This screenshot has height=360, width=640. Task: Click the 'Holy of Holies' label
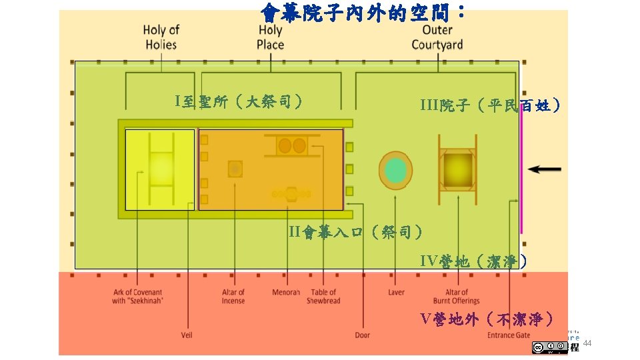[161, 37]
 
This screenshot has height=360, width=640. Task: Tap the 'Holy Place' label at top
[270, 37]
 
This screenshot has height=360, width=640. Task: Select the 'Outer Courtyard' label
[437, 37]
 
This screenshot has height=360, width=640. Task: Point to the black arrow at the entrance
[545, 169]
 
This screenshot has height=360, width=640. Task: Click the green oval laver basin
[396, 171]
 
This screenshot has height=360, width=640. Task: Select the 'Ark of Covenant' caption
[137, 297]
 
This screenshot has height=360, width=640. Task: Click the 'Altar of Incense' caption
[233, 297]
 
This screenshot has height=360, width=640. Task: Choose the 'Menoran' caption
[286, 293]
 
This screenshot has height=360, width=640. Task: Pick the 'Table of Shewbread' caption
[323, 297]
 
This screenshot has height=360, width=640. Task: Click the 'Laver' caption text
[396, 293]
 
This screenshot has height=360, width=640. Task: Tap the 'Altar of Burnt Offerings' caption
[457, 297]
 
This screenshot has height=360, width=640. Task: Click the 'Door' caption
[362, 335]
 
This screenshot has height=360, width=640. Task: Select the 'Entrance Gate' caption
[509, 335]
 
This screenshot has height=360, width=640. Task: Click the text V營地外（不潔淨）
[487, 319]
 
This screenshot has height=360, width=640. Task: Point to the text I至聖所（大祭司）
[239, 101]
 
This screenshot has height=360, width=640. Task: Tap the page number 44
[587, 343]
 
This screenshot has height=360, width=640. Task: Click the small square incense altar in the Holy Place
[235, 169]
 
